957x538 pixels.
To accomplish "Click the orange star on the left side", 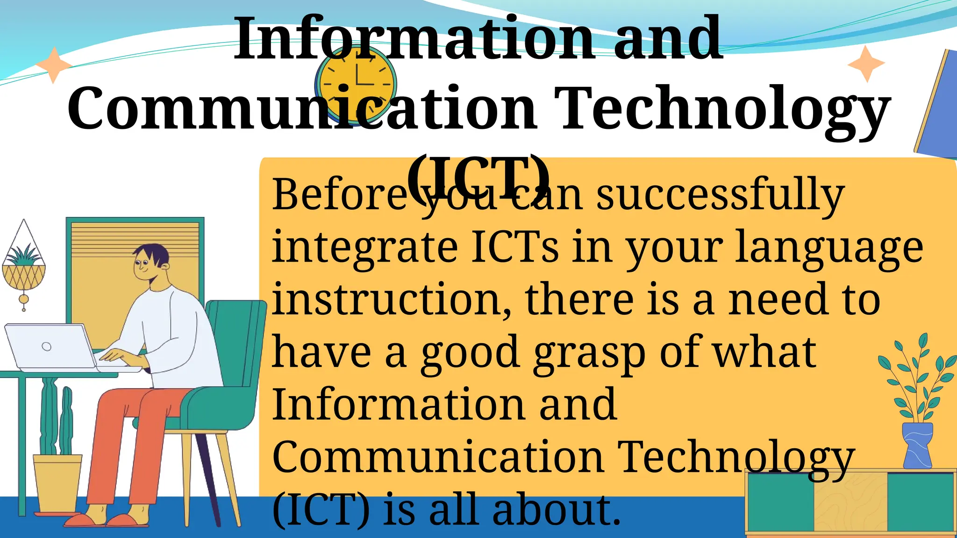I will pos(54,65).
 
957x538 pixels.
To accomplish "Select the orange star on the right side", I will pos(866,64).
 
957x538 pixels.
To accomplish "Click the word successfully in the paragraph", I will pos(720,195).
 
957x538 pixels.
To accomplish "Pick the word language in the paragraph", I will pos(829,248).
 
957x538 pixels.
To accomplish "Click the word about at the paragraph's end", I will pos(556,510).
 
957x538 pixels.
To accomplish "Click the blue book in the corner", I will pos(937,107).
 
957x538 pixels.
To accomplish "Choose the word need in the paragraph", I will pos(776,300).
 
